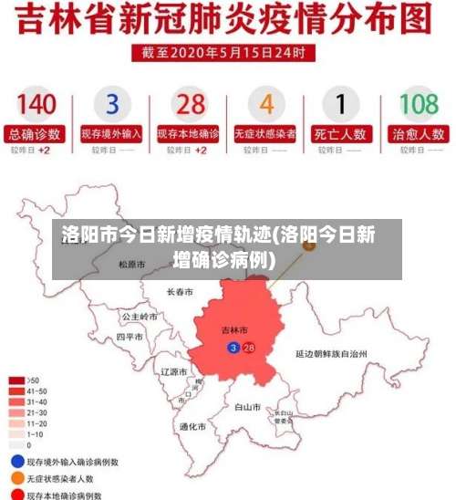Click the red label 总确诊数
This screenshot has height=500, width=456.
tap(36, 133)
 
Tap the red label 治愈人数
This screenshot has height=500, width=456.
tap(419, 133)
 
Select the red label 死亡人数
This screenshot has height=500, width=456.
tap(341, 133)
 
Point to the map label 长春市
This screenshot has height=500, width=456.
tap(180, 293)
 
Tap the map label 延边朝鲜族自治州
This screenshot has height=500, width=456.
tap(331, 353)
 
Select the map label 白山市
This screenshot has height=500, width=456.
tap(248, 407)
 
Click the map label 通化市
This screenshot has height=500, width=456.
tap(192, 426)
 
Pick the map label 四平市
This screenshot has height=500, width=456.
tap(130, 337)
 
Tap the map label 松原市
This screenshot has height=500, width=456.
tap(132, 265)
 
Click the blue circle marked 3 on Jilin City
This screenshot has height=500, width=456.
tap(233, 348)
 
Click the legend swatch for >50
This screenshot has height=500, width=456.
tap(16, 380)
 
